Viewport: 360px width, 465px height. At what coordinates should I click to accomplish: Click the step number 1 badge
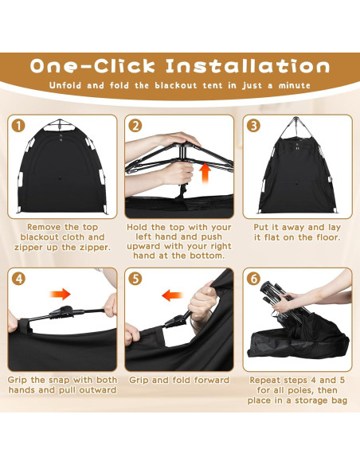18,126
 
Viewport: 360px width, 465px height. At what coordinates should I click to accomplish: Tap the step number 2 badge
135,126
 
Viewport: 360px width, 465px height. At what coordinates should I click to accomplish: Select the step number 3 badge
253,126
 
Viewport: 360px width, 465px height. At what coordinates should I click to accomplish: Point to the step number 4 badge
18,279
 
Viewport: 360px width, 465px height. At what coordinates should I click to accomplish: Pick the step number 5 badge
135,279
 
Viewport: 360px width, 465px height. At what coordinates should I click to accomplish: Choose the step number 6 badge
253,279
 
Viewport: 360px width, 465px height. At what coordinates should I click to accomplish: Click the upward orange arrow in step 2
205,174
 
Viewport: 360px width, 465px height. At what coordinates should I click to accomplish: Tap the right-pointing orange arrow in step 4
61,295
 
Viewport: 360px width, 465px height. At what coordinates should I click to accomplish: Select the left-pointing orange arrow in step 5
172,295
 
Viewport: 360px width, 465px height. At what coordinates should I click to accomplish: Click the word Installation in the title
248,66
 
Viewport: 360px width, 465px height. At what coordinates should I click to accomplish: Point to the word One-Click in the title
92,66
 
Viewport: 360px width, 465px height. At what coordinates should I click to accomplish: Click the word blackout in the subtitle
176,85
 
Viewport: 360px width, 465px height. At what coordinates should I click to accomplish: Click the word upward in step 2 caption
144,247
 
